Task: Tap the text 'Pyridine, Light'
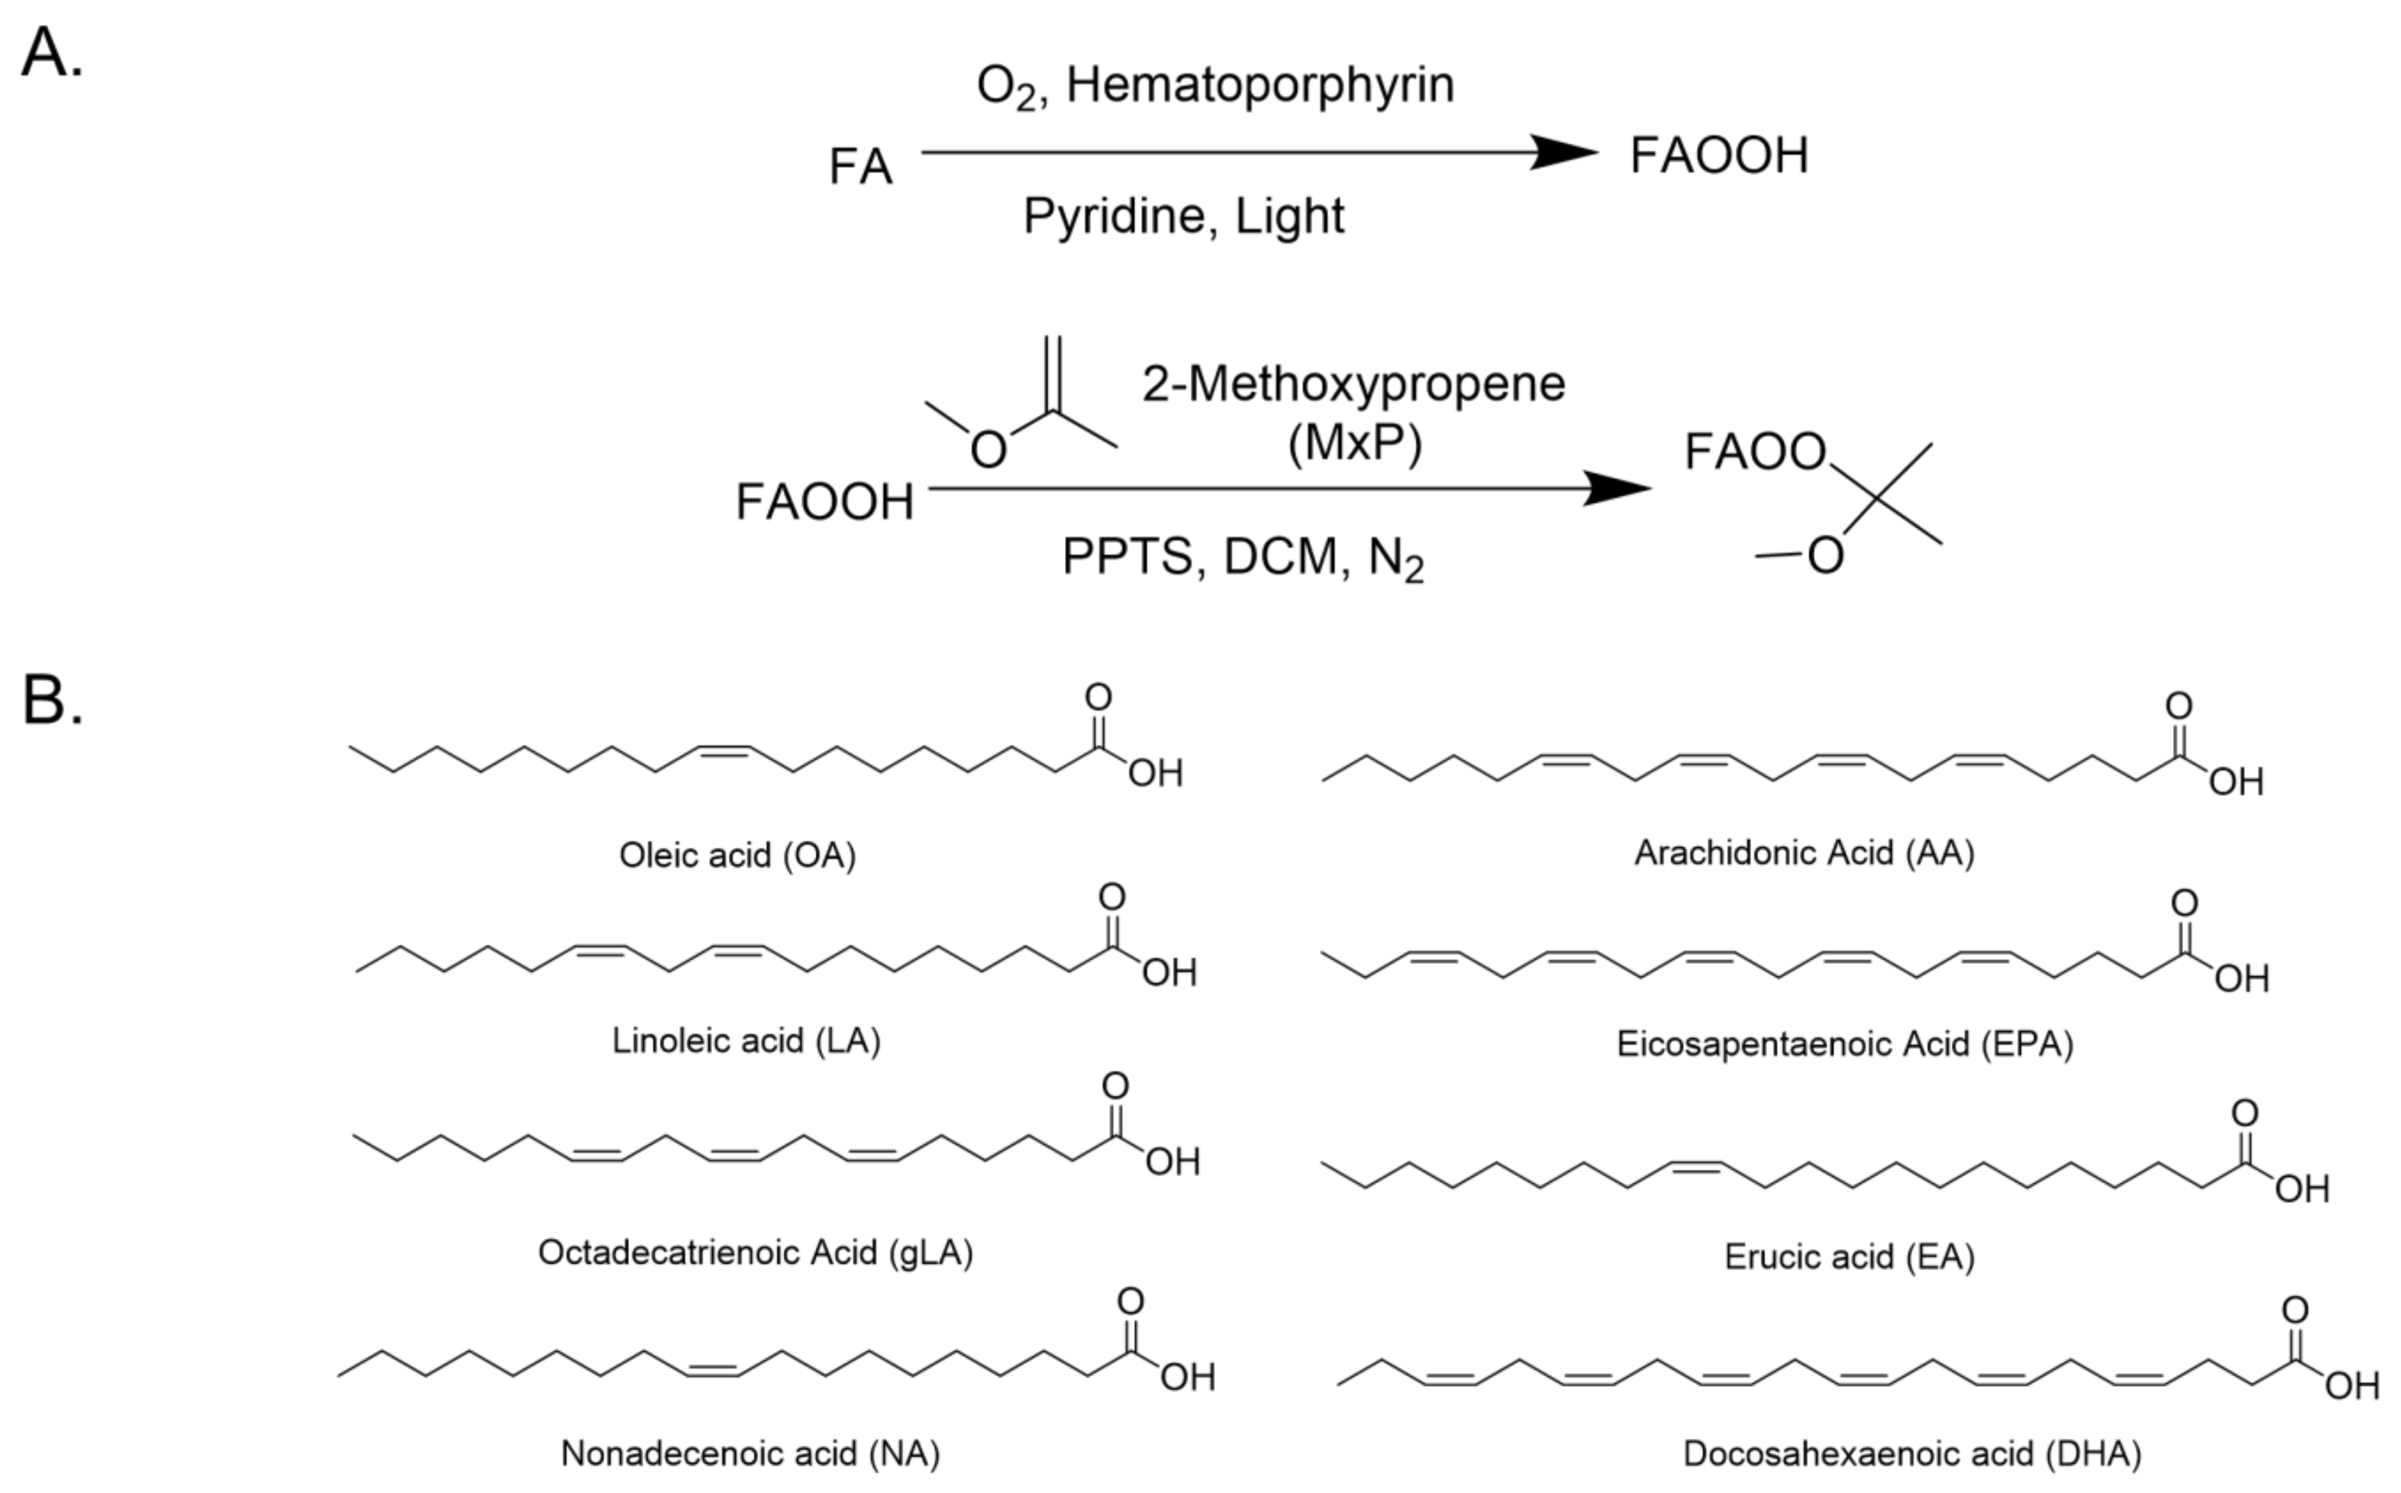1183,215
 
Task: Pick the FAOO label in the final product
1754,452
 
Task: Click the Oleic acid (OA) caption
736,855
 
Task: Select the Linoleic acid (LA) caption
745,1041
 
